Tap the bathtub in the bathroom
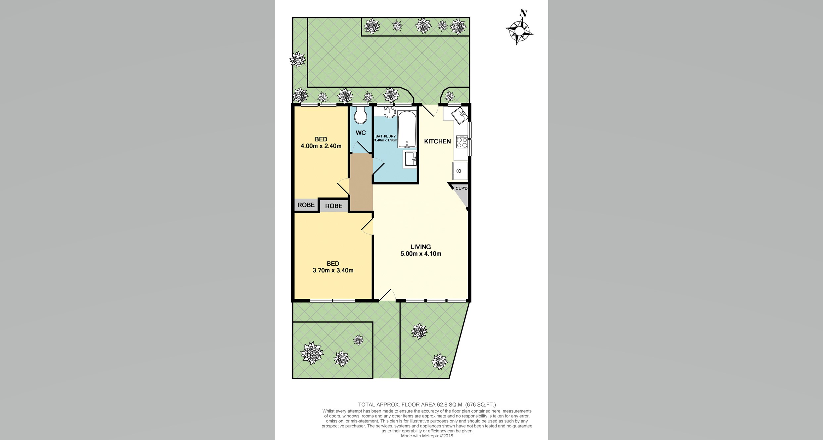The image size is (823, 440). (x=407, y=129)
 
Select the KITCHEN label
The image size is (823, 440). (x=437, y=141)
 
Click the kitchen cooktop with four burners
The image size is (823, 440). (x=461, y=142)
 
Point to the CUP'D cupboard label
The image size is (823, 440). (x=461, y=189)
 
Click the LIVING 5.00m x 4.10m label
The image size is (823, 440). (x=421, y=250)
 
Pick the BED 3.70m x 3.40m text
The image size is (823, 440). (x=333, y=267)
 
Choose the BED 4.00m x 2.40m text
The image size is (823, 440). (x=321, y=143)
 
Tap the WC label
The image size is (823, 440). (x=361, y=133)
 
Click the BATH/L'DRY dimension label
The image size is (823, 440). (x=385, y=138)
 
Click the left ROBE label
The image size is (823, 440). (x=306, y=205)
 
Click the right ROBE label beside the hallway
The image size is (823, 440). (x=333, y=206)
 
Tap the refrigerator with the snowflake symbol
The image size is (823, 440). (x=460, y=171)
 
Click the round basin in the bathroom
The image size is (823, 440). (x=390, y=113)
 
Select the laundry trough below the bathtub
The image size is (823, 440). (x=411, y=159)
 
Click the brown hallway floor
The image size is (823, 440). (x=361, y=182)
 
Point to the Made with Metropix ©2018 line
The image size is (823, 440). (x=427, y=436)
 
